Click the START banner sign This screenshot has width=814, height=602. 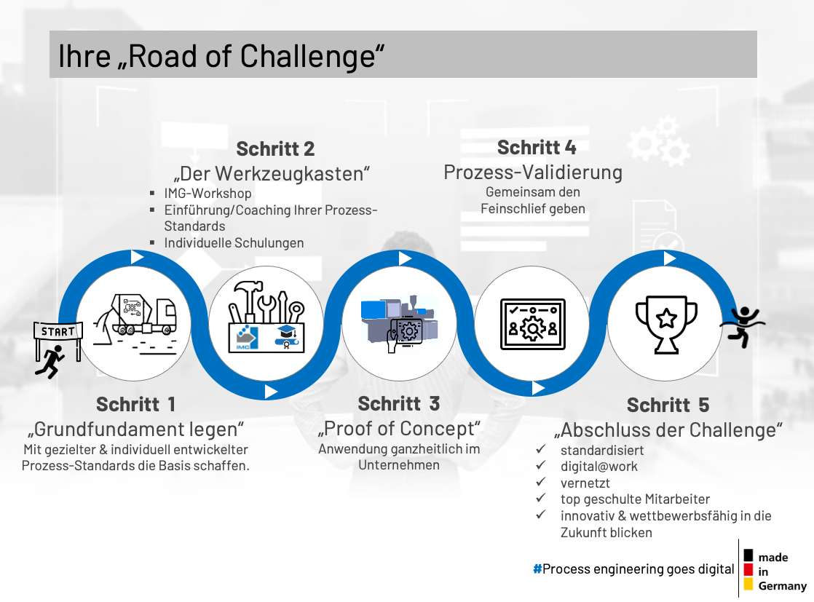point(58,331)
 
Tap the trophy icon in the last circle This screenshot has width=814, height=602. point(667,325)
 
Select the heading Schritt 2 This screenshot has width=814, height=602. point(275,149)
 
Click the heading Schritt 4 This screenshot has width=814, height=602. point(537,147)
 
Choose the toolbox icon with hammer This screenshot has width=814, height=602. point(266,317)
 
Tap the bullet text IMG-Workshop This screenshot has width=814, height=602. point(208,194)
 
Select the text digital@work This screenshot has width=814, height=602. point(599,467)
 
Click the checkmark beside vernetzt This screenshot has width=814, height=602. point(541,482)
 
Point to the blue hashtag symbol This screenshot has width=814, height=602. point(537,569)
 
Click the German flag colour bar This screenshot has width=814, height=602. point(748,570)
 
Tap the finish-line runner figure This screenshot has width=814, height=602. point(743,326)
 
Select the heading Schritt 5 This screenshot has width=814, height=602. point(668,405)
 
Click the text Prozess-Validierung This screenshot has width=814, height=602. point(533,173)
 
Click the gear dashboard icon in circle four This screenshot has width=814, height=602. point(533,325)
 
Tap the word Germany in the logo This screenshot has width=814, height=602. point(783,586)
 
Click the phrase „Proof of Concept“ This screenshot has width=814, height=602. point(399,429)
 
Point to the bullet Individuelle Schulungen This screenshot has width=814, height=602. point(234,243)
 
